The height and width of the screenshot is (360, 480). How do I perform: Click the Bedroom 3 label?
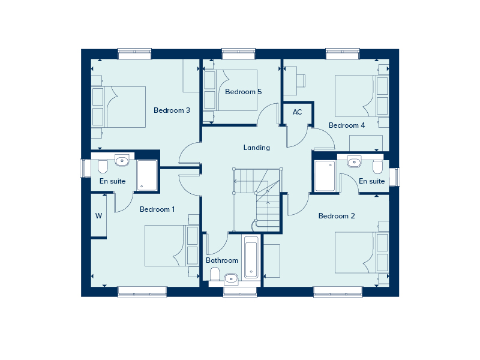pyautogui.click(x=172, y=110)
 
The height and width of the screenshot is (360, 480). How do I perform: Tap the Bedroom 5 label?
pyautogui.click(x=243, y=92)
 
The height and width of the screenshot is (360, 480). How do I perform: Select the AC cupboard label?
pyautogui.click(x=297, y=112)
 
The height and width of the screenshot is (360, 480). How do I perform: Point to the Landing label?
pyautogui.click(x=256, y=148)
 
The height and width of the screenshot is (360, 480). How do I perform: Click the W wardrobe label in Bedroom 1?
pyautogui.click(x=98, y=216)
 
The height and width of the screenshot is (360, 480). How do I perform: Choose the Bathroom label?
pyautogui.click(x=222, y=260)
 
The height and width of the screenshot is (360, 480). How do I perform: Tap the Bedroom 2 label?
pyautogui.click(x=337, y=216)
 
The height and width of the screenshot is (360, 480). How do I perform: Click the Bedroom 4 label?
pyautogui.click(x=347, y=125)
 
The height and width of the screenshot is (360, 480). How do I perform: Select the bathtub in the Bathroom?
pyautogui.click(x=251, y=258)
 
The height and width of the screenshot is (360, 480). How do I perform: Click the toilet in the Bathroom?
pyautogui.click(x=215, y=274)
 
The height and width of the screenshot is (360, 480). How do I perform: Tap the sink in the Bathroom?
pyautogui.click(x=231, y=277)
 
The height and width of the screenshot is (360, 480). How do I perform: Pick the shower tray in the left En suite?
pyautogui.click(x=146, y=175)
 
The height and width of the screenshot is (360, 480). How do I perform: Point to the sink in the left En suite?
pyautogui.click(x=122, y=160)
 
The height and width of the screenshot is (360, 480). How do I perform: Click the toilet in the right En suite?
pyautogui.click(x=377, y=165)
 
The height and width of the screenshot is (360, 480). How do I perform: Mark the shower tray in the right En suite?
pyautogui.click(x=325, y=176)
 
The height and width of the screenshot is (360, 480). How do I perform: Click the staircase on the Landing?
pyautogui.click(x=257, y=198)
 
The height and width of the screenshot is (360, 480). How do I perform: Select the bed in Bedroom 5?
pyautogui.click(x=237, y=90)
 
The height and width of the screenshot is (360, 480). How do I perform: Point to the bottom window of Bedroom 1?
pyautogui.click(x=142, y=292)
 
